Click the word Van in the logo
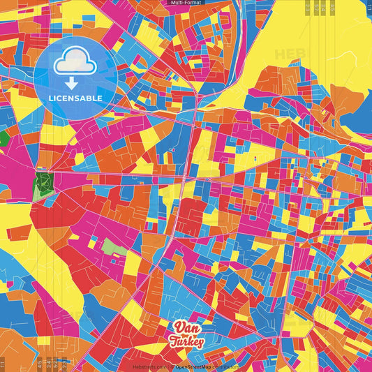point(185,328)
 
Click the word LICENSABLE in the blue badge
point(75,98)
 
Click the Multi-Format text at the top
point(186,3)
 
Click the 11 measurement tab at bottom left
point(3,363)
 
